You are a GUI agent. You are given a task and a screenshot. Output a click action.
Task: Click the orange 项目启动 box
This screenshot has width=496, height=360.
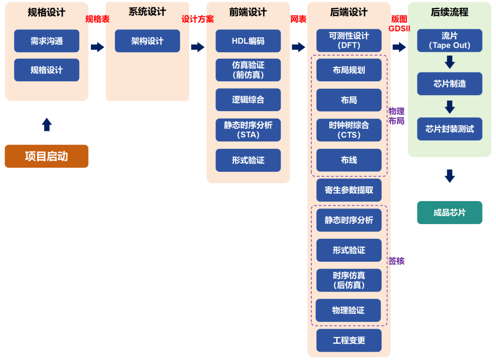(46, 156)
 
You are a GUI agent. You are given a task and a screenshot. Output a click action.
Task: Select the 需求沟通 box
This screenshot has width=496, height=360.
(46, 41)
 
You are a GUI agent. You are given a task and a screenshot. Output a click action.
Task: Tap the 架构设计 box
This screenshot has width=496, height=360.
(147, 41)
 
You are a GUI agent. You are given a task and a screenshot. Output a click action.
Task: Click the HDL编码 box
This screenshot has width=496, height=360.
(248, 41)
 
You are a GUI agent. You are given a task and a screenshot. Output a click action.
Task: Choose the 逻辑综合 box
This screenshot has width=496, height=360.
(248, 100)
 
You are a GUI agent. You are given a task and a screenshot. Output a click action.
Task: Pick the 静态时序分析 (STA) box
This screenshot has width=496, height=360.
(248, 130)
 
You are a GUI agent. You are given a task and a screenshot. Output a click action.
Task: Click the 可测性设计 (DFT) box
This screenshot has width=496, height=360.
(349, 40)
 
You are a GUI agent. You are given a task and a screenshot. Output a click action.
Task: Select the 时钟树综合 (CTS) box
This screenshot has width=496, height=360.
(349, 130)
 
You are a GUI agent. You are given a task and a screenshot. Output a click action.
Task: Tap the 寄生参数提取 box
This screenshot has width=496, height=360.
(349, 190)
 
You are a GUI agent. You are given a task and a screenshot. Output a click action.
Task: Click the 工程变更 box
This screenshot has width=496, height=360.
(349, 340)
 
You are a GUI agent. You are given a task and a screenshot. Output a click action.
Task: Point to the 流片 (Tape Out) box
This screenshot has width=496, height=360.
(449, 40)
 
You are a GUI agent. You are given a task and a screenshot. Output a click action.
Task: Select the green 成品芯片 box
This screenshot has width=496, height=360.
(449, 213)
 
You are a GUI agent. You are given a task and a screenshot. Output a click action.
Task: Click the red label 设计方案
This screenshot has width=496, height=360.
(197, 19)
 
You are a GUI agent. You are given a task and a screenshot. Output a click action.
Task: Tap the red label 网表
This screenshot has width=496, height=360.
(298, 19)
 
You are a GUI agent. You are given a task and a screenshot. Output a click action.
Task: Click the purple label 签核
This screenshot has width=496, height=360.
(396, 261)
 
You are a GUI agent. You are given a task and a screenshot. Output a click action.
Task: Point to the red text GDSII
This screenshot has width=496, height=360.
(399, 28)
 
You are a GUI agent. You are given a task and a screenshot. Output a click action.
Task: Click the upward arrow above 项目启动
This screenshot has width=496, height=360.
(46, 124)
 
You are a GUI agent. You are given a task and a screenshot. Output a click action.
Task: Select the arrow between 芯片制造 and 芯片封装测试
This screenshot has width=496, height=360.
(450, 107)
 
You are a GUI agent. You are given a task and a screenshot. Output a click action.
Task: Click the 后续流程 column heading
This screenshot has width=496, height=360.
(449, 12)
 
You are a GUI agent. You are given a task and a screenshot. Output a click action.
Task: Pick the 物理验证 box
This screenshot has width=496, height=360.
(348, 310)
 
